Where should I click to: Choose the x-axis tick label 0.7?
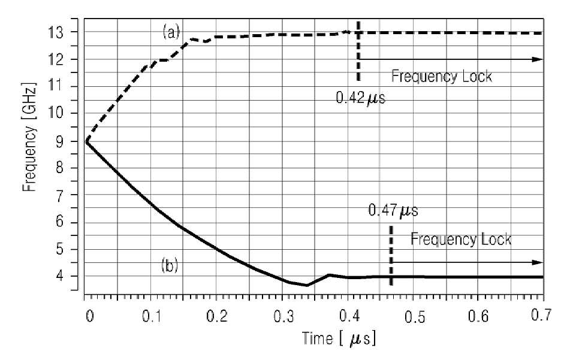[541, 315]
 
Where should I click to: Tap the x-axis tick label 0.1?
[152, 316]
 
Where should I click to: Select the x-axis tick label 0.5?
[415, 317]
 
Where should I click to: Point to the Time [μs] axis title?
[339, 338]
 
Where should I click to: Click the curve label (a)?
[171, 32]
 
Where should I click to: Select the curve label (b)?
[170, 266]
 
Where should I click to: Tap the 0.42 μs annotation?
[360, 98]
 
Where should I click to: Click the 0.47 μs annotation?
[393, 211]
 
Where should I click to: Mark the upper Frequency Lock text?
[442, 77]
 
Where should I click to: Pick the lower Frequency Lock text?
[461, 240]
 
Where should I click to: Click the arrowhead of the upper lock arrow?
[538, 59]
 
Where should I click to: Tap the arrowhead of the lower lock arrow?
[538, 262]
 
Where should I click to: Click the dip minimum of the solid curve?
[307, 285]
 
